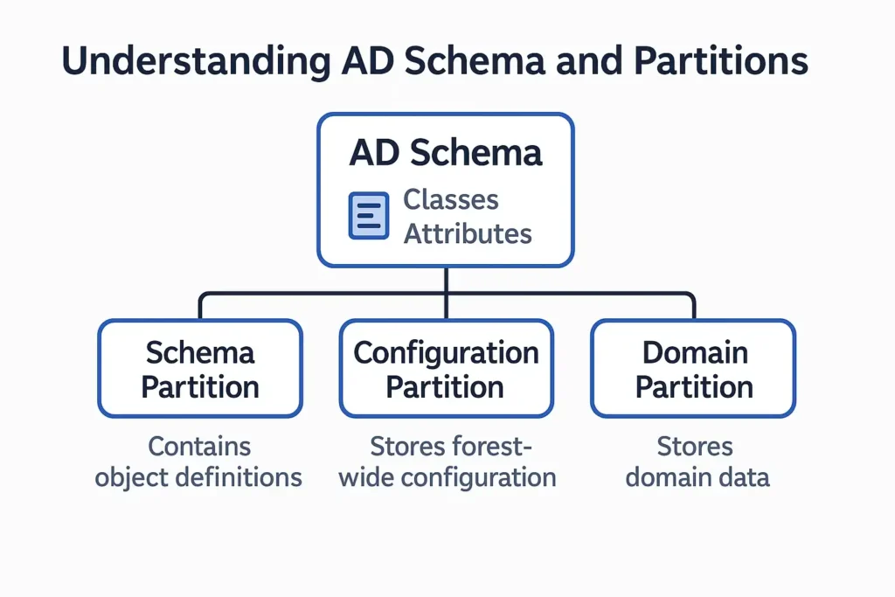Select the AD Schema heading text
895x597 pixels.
(x=446, y=152)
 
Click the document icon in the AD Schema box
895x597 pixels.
(x=369, y=216)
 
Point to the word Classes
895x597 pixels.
(x=450, y=199)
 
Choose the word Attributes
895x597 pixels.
(x=467, y=234)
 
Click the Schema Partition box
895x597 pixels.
(x=200, y=369)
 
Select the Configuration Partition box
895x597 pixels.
(x=446, y=369)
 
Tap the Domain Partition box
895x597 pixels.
(x=694, y=369)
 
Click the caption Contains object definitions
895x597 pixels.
(x=199, y=462)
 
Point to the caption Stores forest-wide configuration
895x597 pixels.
(x=447, y=462)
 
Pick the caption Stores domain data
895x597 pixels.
(x=697, y=462)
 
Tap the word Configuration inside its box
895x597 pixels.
(x=446, y=353)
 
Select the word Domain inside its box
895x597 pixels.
(x=695, y=353)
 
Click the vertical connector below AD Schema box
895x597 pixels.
(x=447, y=281)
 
